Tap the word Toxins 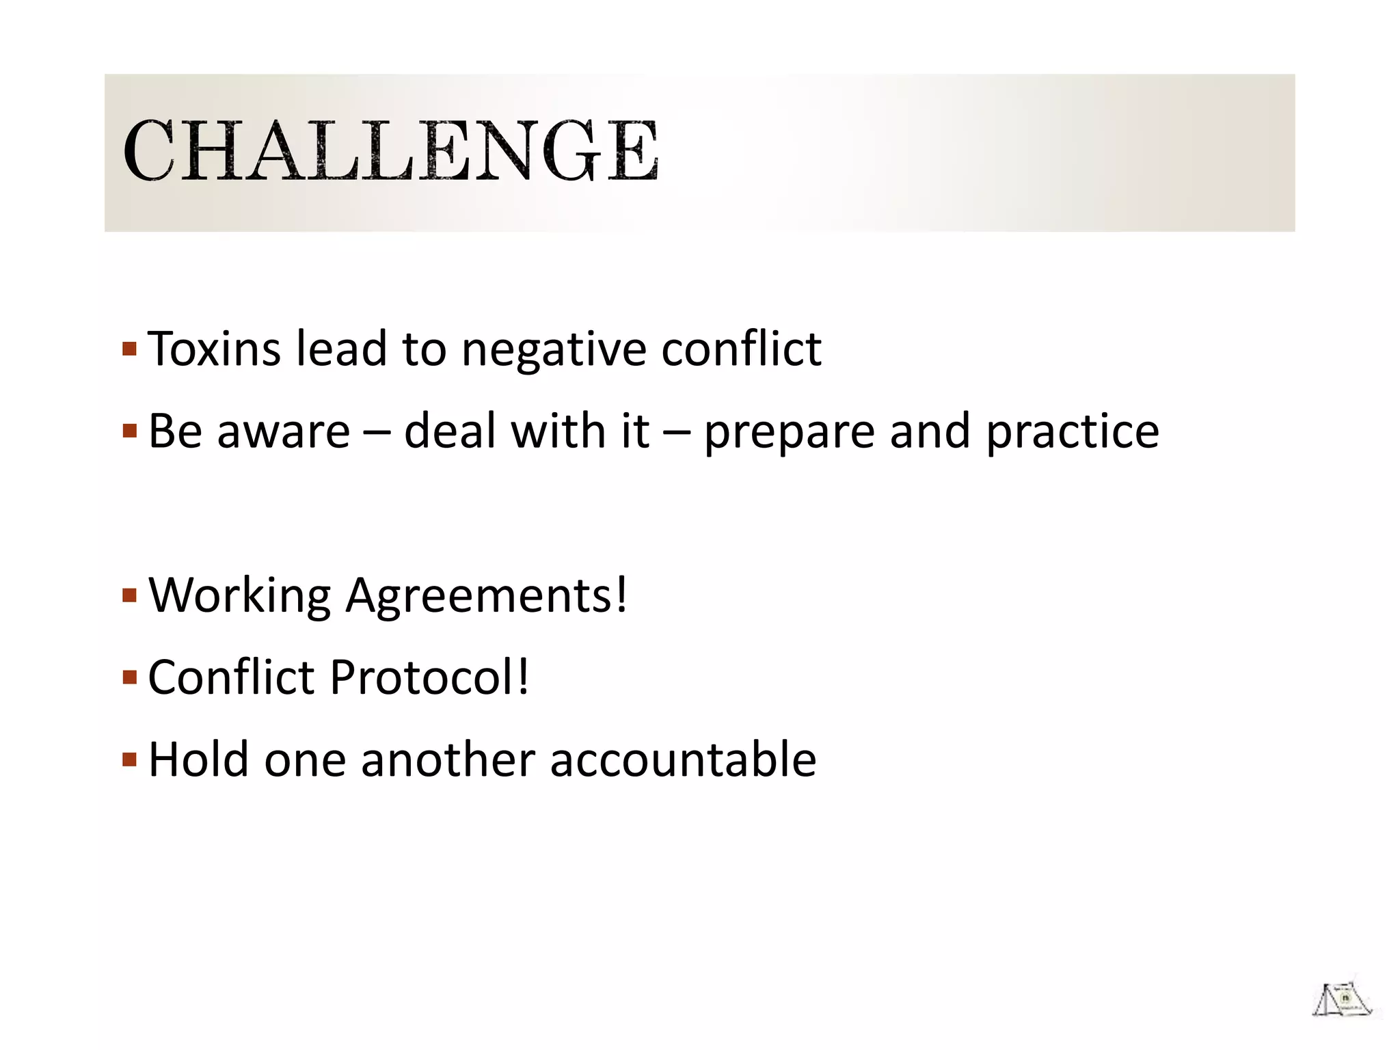pos(214,349)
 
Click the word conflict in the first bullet pos(741,349)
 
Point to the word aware pos(283,432)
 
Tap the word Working pos(240,596)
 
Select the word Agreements pos(486,596)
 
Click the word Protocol pos(429,677)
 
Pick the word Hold pos(198,759)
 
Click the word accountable pos(683,759)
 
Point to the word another pos(448,759)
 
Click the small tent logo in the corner pos(1342,999)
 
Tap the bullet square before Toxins pos(129,350)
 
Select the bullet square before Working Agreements pos(129,596)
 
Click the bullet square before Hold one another pos(129,760)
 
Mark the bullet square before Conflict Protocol pos(129,678)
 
